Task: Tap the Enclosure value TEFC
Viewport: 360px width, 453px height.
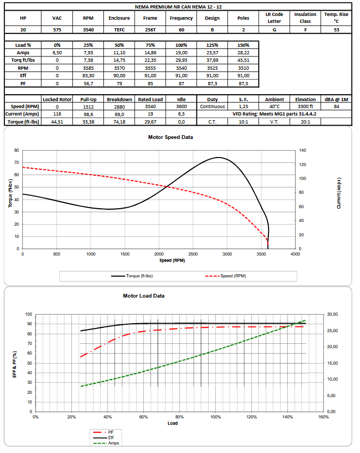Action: pyautogui.click(x=119, y=30)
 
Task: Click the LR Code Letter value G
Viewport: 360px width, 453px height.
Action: pyautogui.click(x=274, y=30)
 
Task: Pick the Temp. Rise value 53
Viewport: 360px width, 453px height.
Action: pyautogui.click(x=336, y=30)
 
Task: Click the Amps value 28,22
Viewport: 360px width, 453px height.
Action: pyautogui.click(x=243, y=53)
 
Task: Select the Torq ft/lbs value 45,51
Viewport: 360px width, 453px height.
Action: pyautogui.click(x=243, y=60)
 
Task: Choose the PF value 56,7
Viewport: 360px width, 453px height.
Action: pyautogui.click(x=88, y=83)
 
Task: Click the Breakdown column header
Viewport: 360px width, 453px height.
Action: pyautogui.click(x=119, y=99)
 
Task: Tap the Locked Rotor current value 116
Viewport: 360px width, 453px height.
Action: pyautogui.click(x=58, y=114)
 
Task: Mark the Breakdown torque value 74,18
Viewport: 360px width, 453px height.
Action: pyautogui.click(x=119, y=121)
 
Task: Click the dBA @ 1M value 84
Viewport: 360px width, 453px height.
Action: pyautogui.click(x=336, y=106)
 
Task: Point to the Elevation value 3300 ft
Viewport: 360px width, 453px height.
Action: pyautogui.click(x=305, y=106)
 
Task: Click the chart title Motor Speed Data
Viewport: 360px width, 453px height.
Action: pyautogui.click(x=170, y=137)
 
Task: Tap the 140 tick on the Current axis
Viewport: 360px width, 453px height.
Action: pyautogui.click(x=304, y=151)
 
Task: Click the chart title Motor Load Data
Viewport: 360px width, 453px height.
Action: pyautogui.click(x=144, y=296)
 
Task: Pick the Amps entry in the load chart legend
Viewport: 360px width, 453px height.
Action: pyautogui.click(x=113, y=442)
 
